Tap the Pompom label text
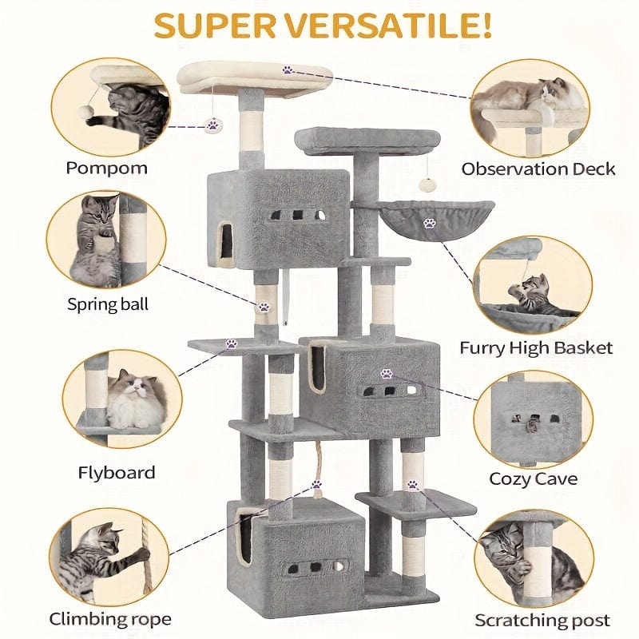click(x=106, y=169)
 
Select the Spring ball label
click(x=108, y=304)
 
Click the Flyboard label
click(x=117, y=472)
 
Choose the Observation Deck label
click(x=538, y=169)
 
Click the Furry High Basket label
click(x=536, y=347)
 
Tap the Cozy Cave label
click(x=534, y=479)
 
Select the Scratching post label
click(x=542, y=620)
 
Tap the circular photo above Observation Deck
click(x=530, y=106)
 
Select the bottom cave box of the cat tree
click(x=296, y=551)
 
